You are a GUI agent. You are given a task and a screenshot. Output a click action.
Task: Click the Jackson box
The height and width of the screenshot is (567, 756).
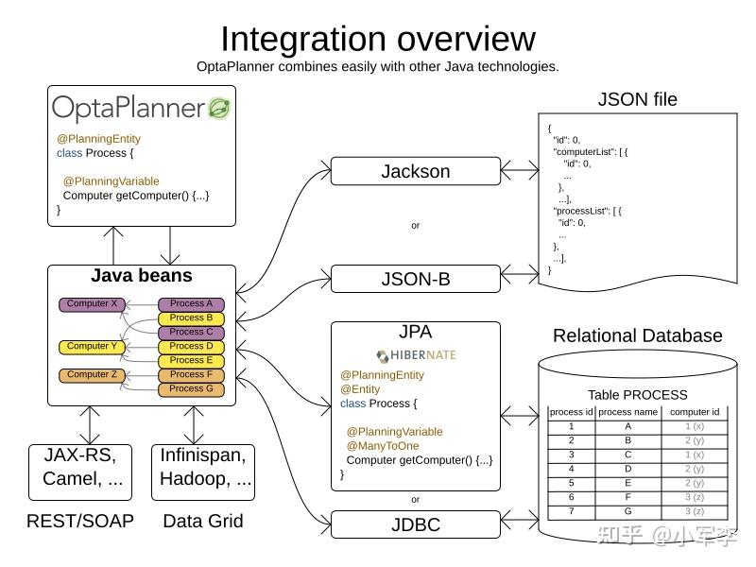(x=415, y=171)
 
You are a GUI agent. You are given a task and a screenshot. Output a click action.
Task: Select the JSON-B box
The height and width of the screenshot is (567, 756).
(x=415, y=279)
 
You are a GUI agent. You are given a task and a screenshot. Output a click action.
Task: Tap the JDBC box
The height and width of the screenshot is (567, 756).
(x=415, y=524)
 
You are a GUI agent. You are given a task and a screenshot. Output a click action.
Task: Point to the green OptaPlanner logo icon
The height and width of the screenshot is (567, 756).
(x=219, y=108)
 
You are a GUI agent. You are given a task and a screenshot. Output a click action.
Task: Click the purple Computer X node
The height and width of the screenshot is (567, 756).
(x=93, y=304)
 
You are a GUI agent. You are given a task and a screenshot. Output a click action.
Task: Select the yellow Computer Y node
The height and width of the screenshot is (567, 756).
(x=93, y=347)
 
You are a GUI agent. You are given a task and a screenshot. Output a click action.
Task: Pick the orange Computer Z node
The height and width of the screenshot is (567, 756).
(x=93, y=375)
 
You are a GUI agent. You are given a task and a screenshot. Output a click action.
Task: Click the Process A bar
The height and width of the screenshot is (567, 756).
(x=191, y=304)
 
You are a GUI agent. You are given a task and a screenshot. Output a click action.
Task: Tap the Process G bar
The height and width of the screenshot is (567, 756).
(x=191, y=389)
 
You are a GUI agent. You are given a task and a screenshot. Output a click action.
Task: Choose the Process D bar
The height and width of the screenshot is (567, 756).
(x=191, y=347)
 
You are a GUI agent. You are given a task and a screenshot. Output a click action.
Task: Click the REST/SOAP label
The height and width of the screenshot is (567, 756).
(x=80, y=521)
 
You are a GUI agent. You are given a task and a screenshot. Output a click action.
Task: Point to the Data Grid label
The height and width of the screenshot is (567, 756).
(x=203, y=521)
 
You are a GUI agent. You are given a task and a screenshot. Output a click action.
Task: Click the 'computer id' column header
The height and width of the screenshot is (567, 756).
(x=695, y=412)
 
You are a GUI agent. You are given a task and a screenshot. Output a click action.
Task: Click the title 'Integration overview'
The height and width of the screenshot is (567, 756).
(x=378, y=39)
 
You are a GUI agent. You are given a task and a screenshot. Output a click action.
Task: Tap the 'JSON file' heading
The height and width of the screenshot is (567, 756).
(x=637, y=99)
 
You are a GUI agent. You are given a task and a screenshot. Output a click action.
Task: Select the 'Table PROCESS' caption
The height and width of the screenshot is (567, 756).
(x=637, y=395)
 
